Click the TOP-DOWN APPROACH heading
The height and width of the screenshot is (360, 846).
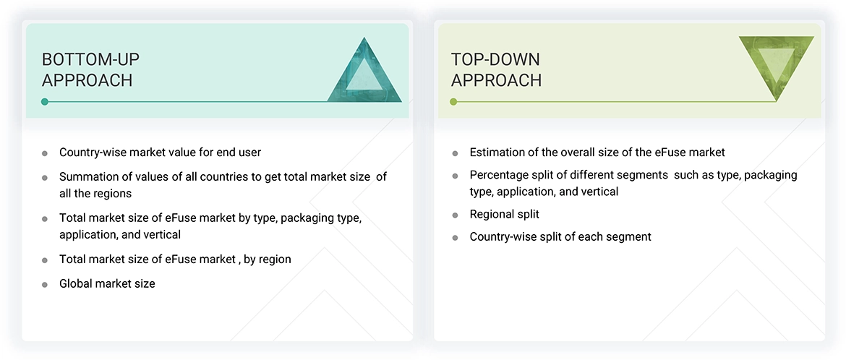coord(496,69)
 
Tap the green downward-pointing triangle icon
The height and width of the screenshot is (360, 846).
coord(776,66)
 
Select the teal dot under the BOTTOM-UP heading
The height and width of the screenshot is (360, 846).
coord(45,102)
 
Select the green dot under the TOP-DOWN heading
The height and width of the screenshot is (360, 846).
coord(453,102)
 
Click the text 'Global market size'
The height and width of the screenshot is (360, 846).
coord(107,283)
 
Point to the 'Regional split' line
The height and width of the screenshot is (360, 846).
coord(504,214)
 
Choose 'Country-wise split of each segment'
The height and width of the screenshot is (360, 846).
coord(560,236)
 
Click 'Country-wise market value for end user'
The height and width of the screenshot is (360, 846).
coord(160,152)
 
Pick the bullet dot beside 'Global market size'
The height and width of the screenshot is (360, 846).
coord(45,284)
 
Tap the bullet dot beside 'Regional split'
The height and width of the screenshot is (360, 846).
coord(455,215)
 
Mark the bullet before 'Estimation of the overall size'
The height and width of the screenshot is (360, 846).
coord(455,153)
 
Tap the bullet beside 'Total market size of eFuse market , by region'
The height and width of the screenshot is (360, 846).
coord(45,260)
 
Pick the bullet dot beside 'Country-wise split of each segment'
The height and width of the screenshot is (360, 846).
coord(455,237)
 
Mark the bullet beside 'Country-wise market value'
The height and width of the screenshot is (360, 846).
coord(45,153)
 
